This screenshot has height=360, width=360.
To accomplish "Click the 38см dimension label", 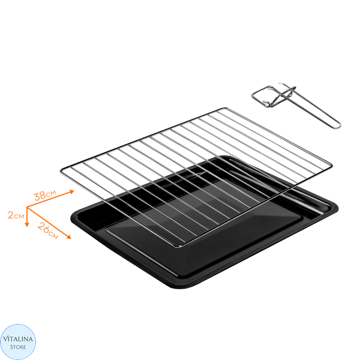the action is [45, 195].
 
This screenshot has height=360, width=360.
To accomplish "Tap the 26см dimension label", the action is [48, 231].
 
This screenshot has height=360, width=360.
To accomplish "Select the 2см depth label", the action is [16, 215].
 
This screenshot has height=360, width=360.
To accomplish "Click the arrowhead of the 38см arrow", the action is [72, 192].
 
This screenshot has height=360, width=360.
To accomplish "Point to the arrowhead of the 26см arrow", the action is [69, 237].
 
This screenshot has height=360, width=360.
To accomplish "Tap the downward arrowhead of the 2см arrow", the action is [27, 224].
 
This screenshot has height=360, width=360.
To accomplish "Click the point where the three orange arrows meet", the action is [27, 208].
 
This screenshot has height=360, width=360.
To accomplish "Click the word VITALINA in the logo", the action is [18, 339].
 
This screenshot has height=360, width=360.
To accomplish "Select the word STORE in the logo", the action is [18, 347].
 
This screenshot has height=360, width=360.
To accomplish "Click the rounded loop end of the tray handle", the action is [338, 126].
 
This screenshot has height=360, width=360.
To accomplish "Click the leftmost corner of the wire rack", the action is [61, 171].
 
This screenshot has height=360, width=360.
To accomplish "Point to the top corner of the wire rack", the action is [224, 108].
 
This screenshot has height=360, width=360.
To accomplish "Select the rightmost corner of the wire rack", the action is [331, 164].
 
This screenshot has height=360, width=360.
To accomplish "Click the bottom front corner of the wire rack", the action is [180, 247].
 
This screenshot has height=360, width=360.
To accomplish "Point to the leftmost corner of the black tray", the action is [71, 218].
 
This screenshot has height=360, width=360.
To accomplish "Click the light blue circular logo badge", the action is [18, 342].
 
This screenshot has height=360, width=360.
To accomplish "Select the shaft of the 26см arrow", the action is [48, 222].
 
